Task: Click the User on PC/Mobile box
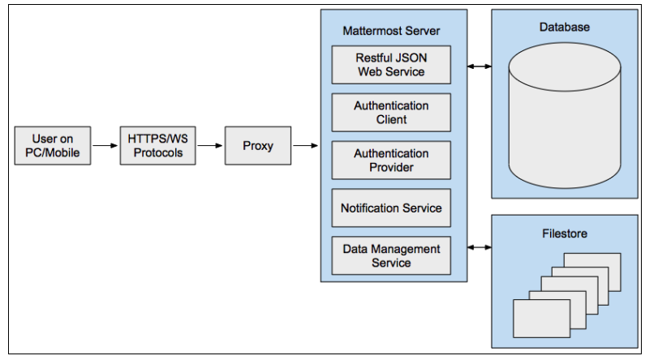tap(52, 146)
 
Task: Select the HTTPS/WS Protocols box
tap(158, 146)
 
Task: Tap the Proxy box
tap(258, 146)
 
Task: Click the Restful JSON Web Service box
tap(391, 65)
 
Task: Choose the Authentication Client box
tap(391, 113)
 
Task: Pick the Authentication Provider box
tap(391, 161)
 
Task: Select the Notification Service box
tap(391, 208)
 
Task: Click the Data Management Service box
tap(391, 255)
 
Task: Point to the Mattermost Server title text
tap(392, 31)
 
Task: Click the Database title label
tap(565, 28)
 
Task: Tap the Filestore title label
tap(565, 234)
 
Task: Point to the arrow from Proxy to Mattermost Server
tap(306, 146)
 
